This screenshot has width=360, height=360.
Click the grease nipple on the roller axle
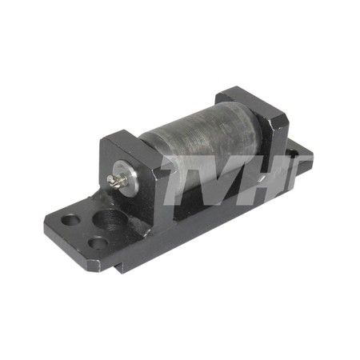tap(116, 181)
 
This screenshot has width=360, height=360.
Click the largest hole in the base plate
tap(110, 220)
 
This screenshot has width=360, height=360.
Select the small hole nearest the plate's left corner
tap(70, 220)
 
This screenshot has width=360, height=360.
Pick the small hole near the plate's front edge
tap(98, 243)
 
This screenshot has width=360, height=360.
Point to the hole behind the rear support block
tap(292, 153)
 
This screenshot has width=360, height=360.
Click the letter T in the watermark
tap(178, 180)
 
